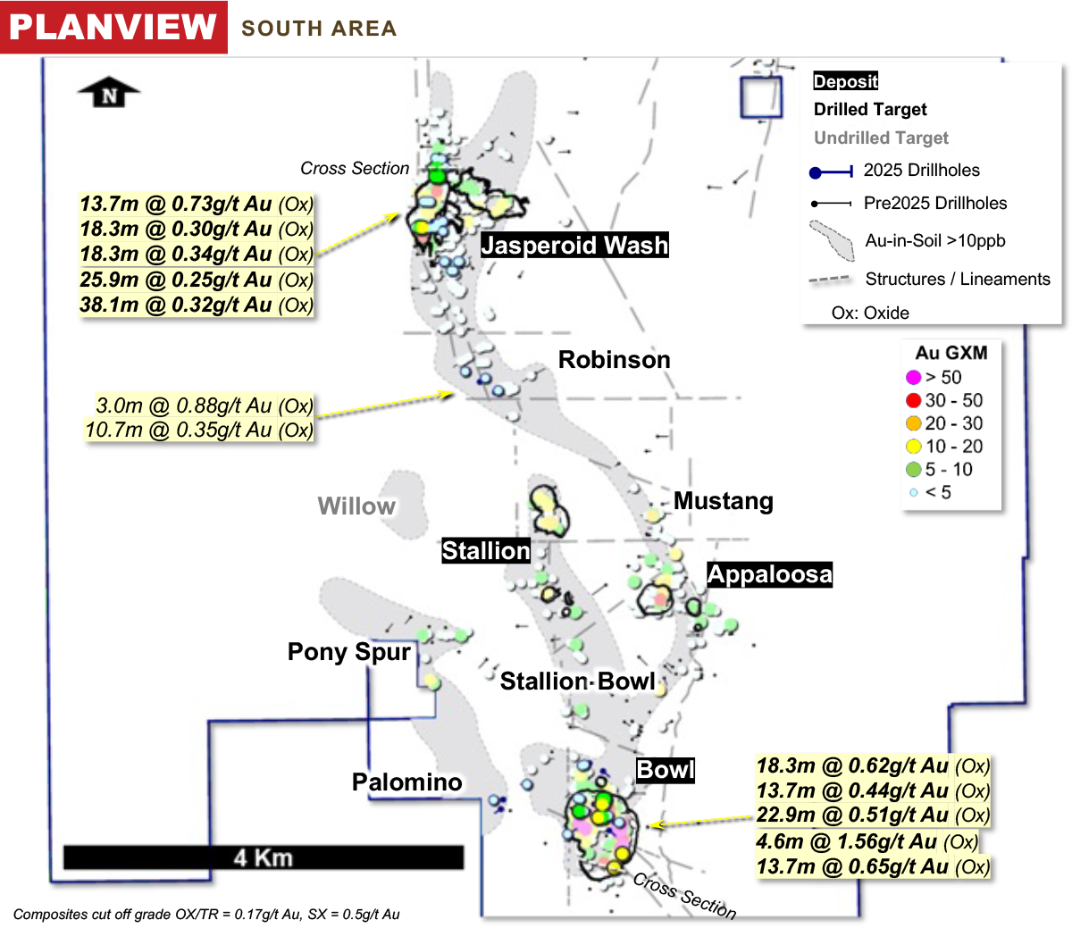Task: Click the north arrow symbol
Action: click(109, 93)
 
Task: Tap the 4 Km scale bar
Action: click(264, 857)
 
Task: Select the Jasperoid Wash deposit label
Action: click(574, 246)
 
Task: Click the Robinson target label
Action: click(614, 360)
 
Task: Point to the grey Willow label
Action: click(356, 506)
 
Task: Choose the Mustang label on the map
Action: click(723, 501)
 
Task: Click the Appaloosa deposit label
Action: click(769, 574)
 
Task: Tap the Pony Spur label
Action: click(349, 652)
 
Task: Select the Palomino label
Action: click(406, 782)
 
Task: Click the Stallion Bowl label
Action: click(578, 681)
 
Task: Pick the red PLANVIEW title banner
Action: click(113, 27)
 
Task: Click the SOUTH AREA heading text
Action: click(319, 29)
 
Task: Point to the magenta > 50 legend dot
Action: click(913, 378)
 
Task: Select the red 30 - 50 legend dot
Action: click(913, 401)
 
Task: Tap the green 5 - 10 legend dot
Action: click(913, 470)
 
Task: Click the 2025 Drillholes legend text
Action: click(921, 171)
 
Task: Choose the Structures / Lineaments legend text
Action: click(958, 280)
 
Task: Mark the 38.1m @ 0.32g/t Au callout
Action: click(197, 305)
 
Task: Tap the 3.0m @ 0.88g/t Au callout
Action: click(205, 406)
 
